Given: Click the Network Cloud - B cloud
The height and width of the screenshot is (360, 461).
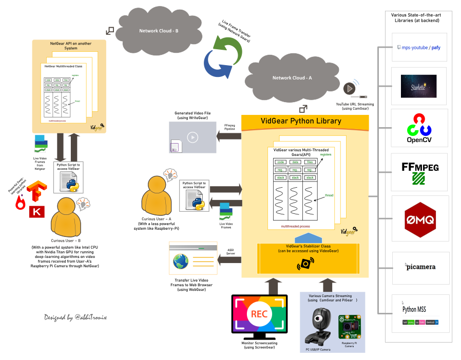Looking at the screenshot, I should [159, 32].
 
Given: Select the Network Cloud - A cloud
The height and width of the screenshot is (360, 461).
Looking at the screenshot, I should [292, 78].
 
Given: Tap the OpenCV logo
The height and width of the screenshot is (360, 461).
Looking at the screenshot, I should [419, 128].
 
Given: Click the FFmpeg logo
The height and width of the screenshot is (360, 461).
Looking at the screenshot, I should [419, 172].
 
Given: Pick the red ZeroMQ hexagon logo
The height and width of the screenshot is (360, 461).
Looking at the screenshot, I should [420, 219].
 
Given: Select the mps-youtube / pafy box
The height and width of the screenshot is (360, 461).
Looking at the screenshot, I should [419, 47].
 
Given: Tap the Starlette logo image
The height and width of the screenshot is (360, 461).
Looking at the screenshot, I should [418, 86].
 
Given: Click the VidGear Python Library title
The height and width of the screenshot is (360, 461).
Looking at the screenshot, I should [305, 122].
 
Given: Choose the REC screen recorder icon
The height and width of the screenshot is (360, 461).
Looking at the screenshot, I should [259, 314].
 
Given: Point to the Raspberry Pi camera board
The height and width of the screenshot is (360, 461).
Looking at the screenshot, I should [349, 326].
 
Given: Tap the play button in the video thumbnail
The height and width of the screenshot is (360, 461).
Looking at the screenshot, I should [193, 137].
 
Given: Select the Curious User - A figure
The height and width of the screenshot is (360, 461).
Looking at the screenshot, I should [157, 194].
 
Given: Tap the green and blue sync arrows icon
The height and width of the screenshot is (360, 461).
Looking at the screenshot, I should [223, 57].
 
